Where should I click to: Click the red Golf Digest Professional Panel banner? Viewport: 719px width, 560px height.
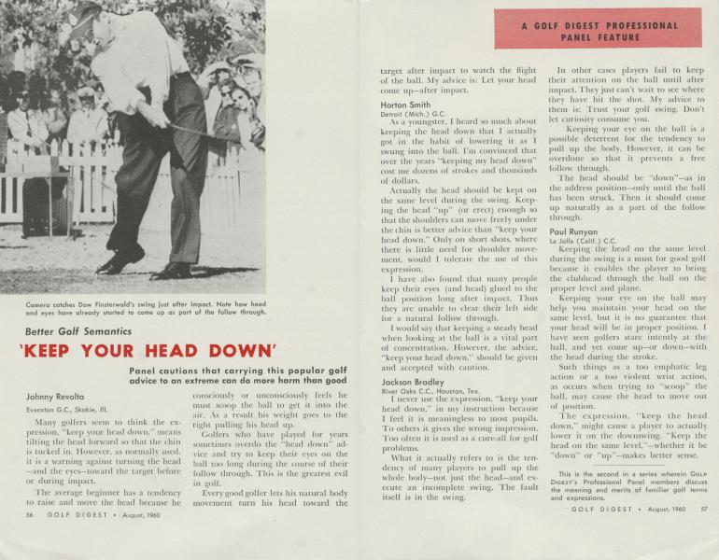[597, 28]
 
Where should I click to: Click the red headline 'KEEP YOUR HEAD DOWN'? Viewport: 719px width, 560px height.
[148, 352]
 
